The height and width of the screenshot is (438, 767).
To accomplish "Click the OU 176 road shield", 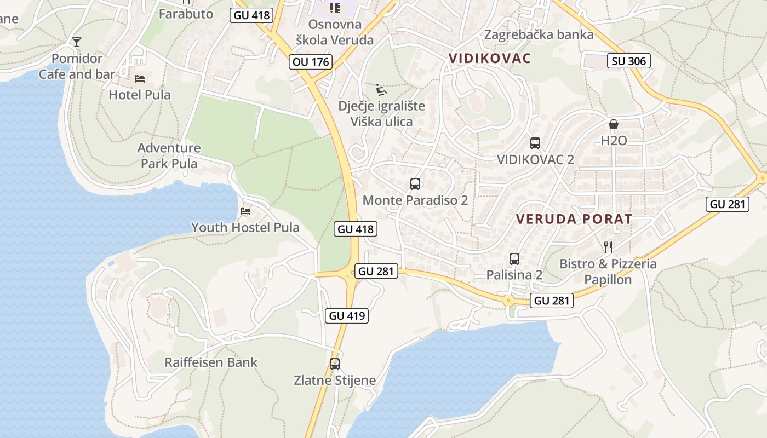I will (311, 62).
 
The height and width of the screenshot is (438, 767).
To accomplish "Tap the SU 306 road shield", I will (629, 61).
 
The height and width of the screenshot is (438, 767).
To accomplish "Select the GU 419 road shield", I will (347, 315).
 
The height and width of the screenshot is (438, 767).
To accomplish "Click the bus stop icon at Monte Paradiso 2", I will (415, 184).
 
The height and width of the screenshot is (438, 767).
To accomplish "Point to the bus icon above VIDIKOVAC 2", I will (535, 143).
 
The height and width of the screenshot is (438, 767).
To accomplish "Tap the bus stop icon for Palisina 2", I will (514, 259).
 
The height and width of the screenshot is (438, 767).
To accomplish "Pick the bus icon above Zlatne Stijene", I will (334, 364).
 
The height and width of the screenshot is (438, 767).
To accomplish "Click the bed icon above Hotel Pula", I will (140, 79).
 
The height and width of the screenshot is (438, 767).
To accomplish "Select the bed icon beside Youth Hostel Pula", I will (245, 211).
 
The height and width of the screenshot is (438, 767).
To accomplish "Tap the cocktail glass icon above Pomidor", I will (76, 42).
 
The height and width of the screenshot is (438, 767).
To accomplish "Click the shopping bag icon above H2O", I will (614, 124).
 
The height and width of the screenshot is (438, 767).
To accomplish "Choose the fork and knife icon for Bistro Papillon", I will (607, 247).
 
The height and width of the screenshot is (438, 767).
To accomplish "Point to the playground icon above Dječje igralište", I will (382, 89).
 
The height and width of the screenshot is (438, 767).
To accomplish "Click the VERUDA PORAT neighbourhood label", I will (574, 220).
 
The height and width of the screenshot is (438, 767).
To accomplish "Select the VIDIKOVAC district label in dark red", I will (490, 59).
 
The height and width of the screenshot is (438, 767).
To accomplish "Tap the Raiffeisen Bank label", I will (211, 362).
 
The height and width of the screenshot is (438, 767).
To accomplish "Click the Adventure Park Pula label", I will (169, 155).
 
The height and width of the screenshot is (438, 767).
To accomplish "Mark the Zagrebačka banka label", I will (539, 35).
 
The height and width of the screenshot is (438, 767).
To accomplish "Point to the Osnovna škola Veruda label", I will (335, 32).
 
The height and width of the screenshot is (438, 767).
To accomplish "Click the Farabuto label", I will (186, 14).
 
